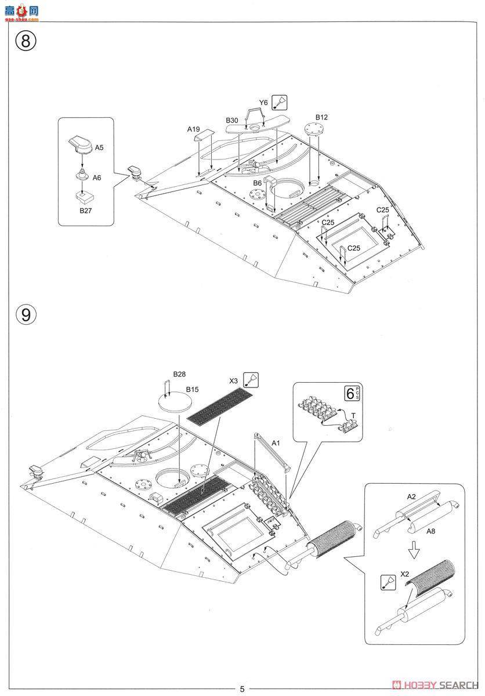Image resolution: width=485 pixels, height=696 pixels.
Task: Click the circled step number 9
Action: [26, 314]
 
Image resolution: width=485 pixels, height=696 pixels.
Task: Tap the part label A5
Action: [99, 148]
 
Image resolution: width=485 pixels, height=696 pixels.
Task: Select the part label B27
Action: [85, 211]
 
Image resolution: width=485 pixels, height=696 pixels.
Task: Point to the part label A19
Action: [193, 129]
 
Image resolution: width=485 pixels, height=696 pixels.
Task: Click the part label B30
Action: [232, 120]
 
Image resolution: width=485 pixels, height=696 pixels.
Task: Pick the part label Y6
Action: [263, 103]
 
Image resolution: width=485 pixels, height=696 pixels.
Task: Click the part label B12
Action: [322, 117]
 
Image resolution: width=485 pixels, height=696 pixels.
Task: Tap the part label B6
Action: [257, 183]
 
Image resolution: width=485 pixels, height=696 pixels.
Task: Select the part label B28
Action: [179, 375]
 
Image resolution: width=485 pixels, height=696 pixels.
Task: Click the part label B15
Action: [192, 389]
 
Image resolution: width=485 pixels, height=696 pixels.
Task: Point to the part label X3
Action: [234, 380]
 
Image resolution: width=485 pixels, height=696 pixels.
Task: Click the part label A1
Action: [276, 443]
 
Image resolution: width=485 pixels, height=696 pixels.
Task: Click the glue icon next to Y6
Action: [280, 103]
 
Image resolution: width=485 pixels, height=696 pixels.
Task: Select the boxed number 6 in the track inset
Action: [350, 393]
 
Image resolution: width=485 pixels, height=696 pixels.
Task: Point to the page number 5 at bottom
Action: [242, 689]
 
